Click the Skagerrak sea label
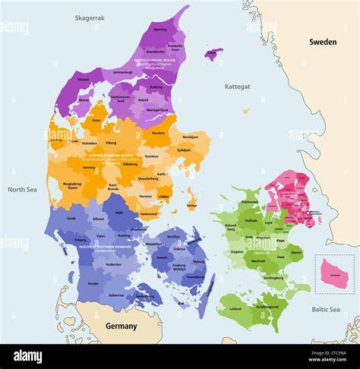click(x=90, y=17)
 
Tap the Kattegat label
click(x=237, y=87)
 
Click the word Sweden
click(x=322, y=43)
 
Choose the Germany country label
click(x=121, y=326)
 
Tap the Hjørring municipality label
click(x=160, y=30)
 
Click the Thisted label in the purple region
click(x=84, y=79)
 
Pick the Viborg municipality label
click(x=111, y=142)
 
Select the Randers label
click(x=158, y=133)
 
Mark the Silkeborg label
click(x=130, y=164)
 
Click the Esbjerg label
click(x=81, y=240)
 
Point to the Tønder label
click(x=93, y=283)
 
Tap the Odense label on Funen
click(x=179, y=248)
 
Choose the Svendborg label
click(x=195, y=276)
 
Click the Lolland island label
click(x=235, y=309)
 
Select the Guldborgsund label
click(x=267, y=306)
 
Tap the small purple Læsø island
click(x=213, y=54)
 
